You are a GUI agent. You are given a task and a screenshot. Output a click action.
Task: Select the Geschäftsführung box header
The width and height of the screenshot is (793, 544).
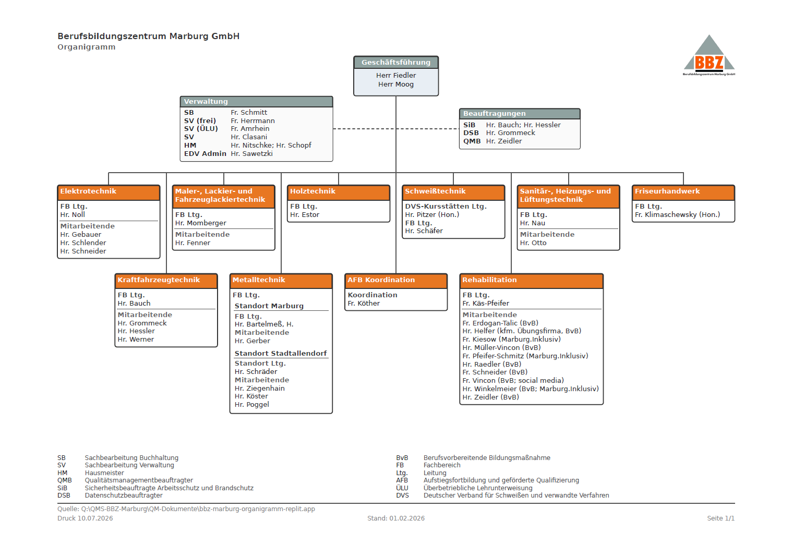(396, 62)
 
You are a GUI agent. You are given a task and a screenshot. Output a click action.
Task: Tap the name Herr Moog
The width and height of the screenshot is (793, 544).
(396, 84)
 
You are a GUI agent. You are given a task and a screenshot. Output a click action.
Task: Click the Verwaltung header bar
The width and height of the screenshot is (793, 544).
(256, 102)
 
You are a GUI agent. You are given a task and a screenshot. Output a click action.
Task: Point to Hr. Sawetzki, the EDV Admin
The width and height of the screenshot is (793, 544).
(251, 154)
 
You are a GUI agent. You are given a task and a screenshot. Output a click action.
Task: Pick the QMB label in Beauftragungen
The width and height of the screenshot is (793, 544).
(472, 141)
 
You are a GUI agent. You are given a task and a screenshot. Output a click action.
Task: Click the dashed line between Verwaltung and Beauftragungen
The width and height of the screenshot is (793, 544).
(396, 128)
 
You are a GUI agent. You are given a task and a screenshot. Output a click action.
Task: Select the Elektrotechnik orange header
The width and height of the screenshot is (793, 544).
(109, 192)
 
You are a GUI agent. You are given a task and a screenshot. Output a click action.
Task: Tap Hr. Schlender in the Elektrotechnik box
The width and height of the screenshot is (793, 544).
(83, 243)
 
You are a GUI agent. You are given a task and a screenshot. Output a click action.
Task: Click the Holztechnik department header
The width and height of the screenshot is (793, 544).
(339, 192)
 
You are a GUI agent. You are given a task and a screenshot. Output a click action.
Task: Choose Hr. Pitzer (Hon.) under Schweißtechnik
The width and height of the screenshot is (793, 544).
(432, 214)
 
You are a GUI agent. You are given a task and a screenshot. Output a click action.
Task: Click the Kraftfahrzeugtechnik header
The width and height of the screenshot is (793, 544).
(166, 281)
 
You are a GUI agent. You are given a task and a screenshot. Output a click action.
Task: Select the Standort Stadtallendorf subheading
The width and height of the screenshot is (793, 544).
(281, 353)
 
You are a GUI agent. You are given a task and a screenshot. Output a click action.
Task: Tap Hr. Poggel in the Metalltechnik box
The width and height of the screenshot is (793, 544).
(251, 405)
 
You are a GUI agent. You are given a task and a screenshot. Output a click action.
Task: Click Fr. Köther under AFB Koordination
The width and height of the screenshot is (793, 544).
(364, 304)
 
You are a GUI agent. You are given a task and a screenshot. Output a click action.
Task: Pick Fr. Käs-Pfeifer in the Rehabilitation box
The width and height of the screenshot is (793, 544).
(486, 304)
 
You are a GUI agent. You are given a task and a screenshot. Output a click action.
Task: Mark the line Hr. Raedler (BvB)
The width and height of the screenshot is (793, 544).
(492, 364)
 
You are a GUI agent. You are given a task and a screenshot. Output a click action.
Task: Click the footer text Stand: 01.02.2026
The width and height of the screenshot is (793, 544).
(396, 518)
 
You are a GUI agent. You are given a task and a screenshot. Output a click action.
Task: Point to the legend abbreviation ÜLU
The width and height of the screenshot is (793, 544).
(402, 488)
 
